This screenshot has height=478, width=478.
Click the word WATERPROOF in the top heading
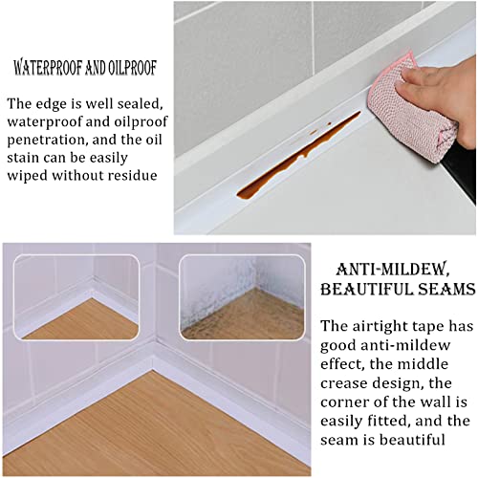tap(49, 68)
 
